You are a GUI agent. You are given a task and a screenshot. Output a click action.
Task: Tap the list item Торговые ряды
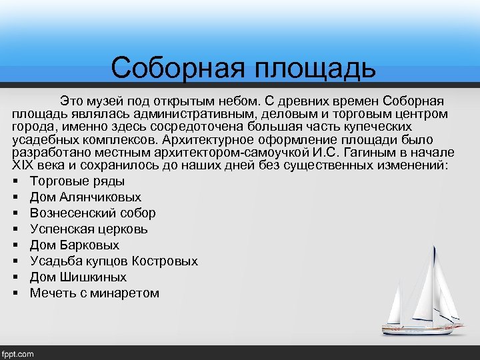(x=77, y=181)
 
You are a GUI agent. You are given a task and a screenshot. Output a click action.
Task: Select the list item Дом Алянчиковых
(x=85, y=197)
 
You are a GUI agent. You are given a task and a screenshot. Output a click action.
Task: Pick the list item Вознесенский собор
(x=93, y=213)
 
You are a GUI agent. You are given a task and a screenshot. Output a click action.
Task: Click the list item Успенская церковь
(x=89, y=229)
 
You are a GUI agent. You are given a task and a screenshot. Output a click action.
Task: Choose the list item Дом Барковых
(x=75, y=245)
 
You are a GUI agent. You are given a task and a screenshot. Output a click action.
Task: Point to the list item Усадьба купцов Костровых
(x=113, y=261)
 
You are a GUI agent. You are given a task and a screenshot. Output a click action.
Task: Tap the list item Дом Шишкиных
(x=78, y=277)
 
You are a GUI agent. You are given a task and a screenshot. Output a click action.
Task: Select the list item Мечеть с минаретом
(x=94, y=293)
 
